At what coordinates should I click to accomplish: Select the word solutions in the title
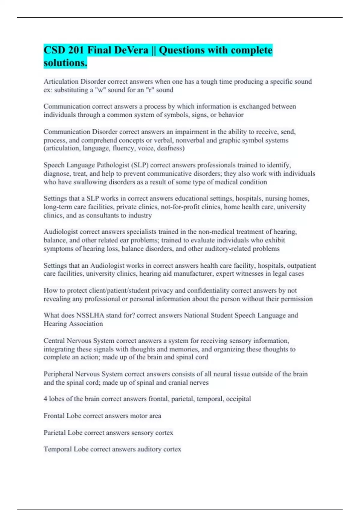[x=65, y=63]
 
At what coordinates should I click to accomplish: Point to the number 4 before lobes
[x=45, y=399]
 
